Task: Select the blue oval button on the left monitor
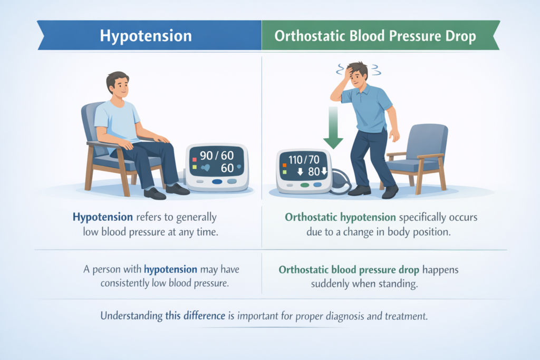point(217,182)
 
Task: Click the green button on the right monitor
point(304,185)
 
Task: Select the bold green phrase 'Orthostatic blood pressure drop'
point(349,269)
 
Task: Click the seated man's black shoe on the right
point(177,189)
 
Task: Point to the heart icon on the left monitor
point(206,169)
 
